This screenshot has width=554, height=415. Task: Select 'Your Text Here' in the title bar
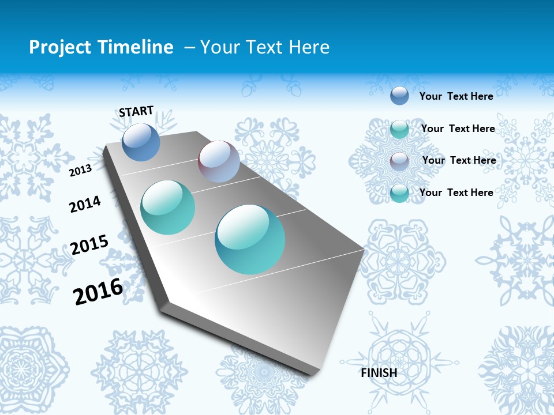(265, 47)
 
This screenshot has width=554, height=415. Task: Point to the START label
(136, 111)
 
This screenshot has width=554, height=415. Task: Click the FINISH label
(379, 373)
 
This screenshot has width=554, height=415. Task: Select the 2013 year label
(81, 171)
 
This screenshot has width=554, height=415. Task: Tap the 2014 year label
(85, 205)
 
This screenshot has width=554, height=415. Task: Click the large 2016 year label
(98, 292)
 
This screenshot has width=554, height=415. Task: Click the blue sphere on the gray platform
(141, 142)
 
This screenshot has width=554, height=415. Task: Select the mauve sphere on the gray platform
(219, 161)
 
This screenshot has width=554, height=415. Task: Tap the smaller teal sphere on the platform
(168, 207)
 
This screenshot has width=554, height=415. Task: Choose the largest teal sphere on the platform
(250, 239)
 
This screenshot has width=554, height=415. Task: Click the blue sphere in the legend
(399, 96)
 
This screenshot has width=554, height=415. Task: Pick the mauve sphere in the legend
(399, 161)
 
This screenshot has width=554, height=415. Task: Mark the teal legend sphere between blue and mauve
(399, 129)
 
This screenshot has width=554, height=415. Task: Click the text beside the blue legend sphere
(456, 96)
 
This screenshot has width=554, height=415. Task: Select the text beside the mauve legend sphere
(459, 160)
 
